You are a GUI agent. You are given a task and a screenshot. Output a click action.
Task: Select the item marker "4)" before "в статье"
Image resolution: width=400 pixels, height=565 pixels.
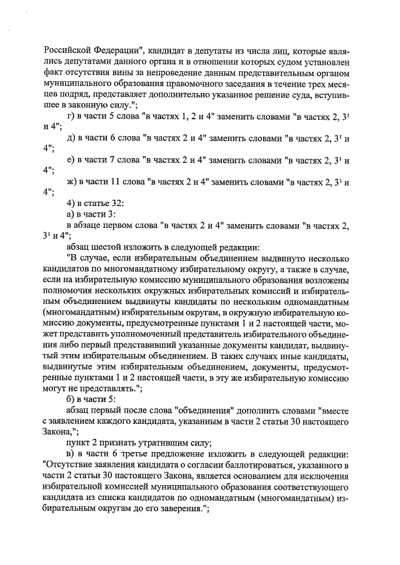coord(70,204)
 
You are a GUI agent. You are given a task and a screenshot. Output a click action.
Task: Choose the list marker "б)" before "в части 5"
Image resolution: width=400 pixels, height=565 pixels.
coord(70,399)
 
